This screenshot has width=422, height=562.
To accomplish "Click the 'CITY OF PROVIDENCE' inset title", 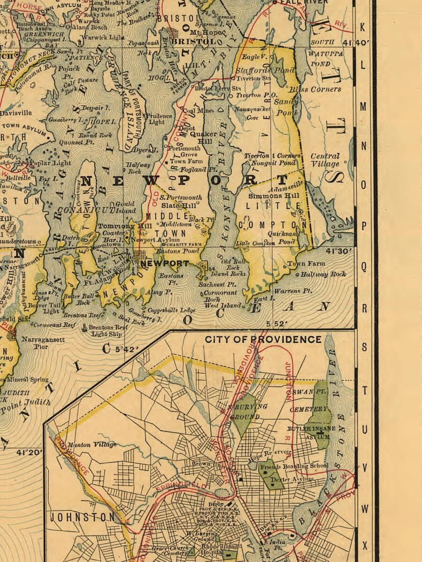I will click(263, 339).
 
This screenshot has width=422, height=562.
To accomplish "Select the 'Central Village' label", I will click(325, 160).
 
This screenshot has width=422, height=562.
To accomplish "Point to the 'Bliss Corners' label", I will click(314, 89).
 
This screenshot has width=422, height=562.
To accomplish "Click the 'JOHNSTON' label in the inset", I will click(82, 517).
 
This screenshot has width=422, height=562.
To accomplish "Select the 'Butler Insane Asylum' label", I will click(312, 432).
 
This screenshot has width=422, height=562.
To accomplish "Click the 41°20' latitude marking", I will click(30, 452).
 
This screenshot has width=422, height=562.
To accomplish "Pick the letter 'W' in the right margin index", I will click(363, 508).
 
